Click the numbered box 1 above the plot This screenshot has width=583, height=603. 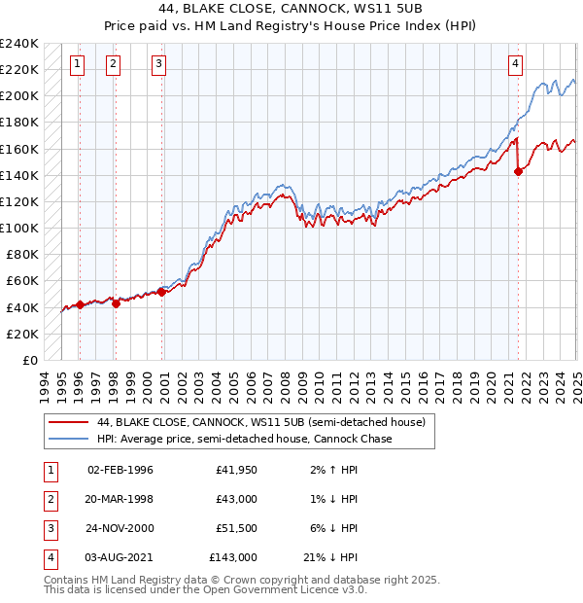[77, 65]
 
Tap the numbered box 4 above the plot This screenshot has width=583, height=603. [515, 65]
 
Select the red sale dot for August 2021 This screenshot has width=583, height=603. [518, 172]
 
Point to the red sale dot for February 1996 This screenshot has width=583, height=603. [80, 304]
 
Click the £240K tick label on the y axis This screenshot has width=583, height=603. [19, 44]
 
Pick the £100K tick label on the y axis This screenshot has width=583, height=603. [19, 228]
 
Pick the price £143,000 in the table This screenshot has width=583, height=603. [233, 557]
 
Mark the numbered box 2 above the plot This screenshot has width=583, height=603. [113, 65]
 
